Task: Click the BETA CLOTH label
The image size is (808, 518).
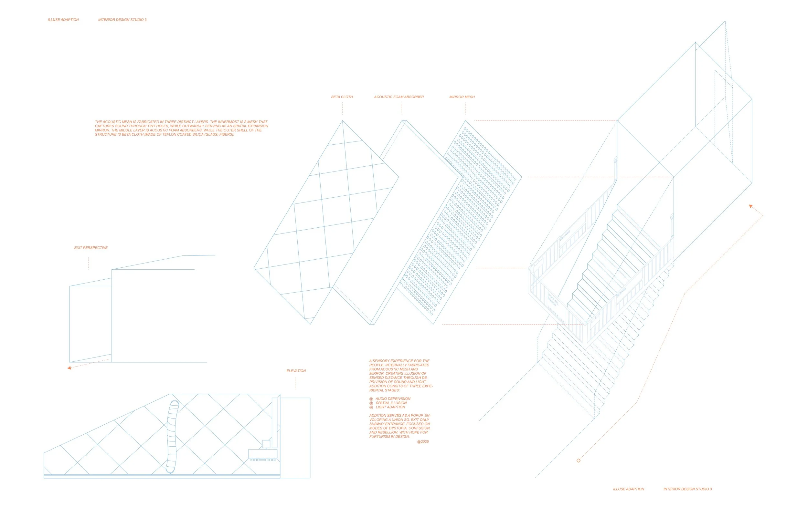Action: [342, 97]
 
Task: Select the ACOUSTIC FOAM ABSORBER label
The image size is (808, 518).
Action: [399, 97]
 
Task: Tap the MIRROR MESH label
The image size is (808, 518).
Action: [462, 97]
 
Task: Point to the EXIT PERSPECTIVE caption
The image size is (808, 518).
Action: [91, 248]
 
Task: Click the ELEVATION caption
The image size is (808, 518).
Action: [296, 371]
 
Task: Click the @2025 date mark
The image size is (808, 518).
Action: [423, 442]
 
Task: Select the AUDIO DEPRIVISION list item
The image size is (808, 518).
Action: [393, 399]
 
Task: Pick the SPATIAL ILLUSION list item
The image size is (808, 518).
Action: [391, 403]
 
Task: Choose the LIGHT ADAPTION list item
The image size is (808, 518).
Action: [390, 407]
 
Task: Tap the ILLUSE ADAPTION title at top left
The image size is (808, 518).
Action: [63, 20]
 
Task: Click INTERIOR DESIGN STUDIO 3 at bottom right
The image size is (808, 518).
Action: [687, 489]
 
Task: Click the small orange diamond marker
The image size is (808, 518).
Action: [579, 461]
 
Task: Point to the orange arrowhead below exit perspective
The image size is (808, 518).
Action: [69, 368]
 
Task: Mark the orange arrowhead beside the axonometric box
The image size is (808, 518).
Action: [750, 206]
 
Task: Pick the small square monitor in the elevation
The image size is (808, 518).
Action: [266, 444]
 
